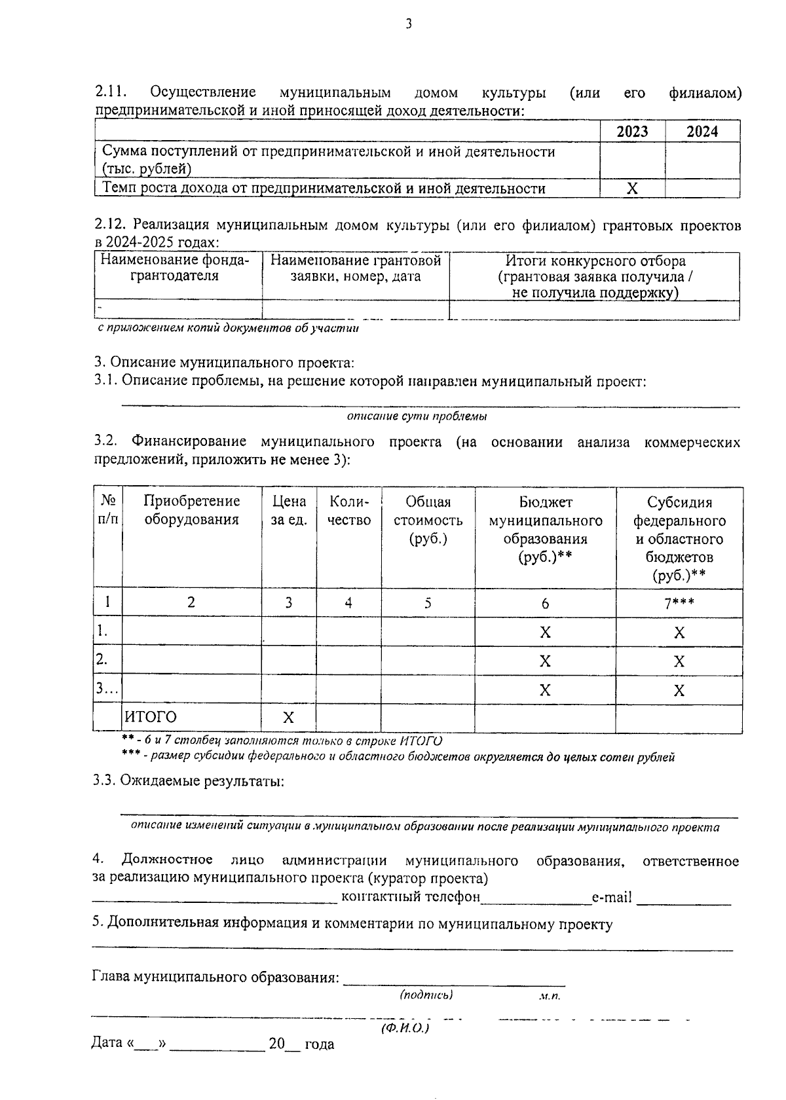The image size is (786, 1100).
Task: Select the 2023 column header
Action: pos(632,132)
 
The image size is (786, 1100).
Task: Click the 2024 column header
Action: pos(702,132)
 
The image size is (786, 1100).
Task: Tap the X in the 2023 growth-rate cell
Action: pos(632,189)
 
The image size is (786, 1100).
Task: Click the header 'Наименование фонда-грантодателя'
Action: pos(175,268)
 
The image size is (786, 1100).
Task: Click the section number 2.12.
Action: pos(109,226)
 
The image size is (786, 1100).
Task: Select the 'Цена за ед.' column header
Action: pos(289,511)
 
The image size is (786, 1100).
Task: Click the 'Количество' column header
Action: pos(349,511)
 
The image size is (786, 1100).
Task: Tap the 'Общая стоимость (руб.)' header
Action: pos(428,520)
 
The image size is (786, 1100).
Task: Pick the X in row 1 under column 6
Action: pos(545,632)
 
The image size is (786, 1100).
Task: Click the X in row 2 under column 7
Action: pos(679,661)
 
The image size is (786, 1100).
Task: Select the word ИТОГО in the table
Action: pos(151,717)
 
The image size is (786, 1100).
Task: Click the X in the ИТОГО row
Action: pos(288,718)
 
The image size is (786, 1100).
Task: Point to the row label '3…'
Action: pos(107,688)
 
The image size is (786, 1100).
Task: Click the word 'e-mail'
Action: pos(612,897)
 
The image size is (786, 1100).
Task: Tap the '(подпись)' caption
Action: pos(426,995)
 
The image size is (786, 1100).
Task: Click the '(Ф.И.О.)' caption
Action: pos(405,1028)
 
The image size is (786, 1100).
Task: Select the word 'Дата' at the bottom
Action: pos(107,1043)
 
